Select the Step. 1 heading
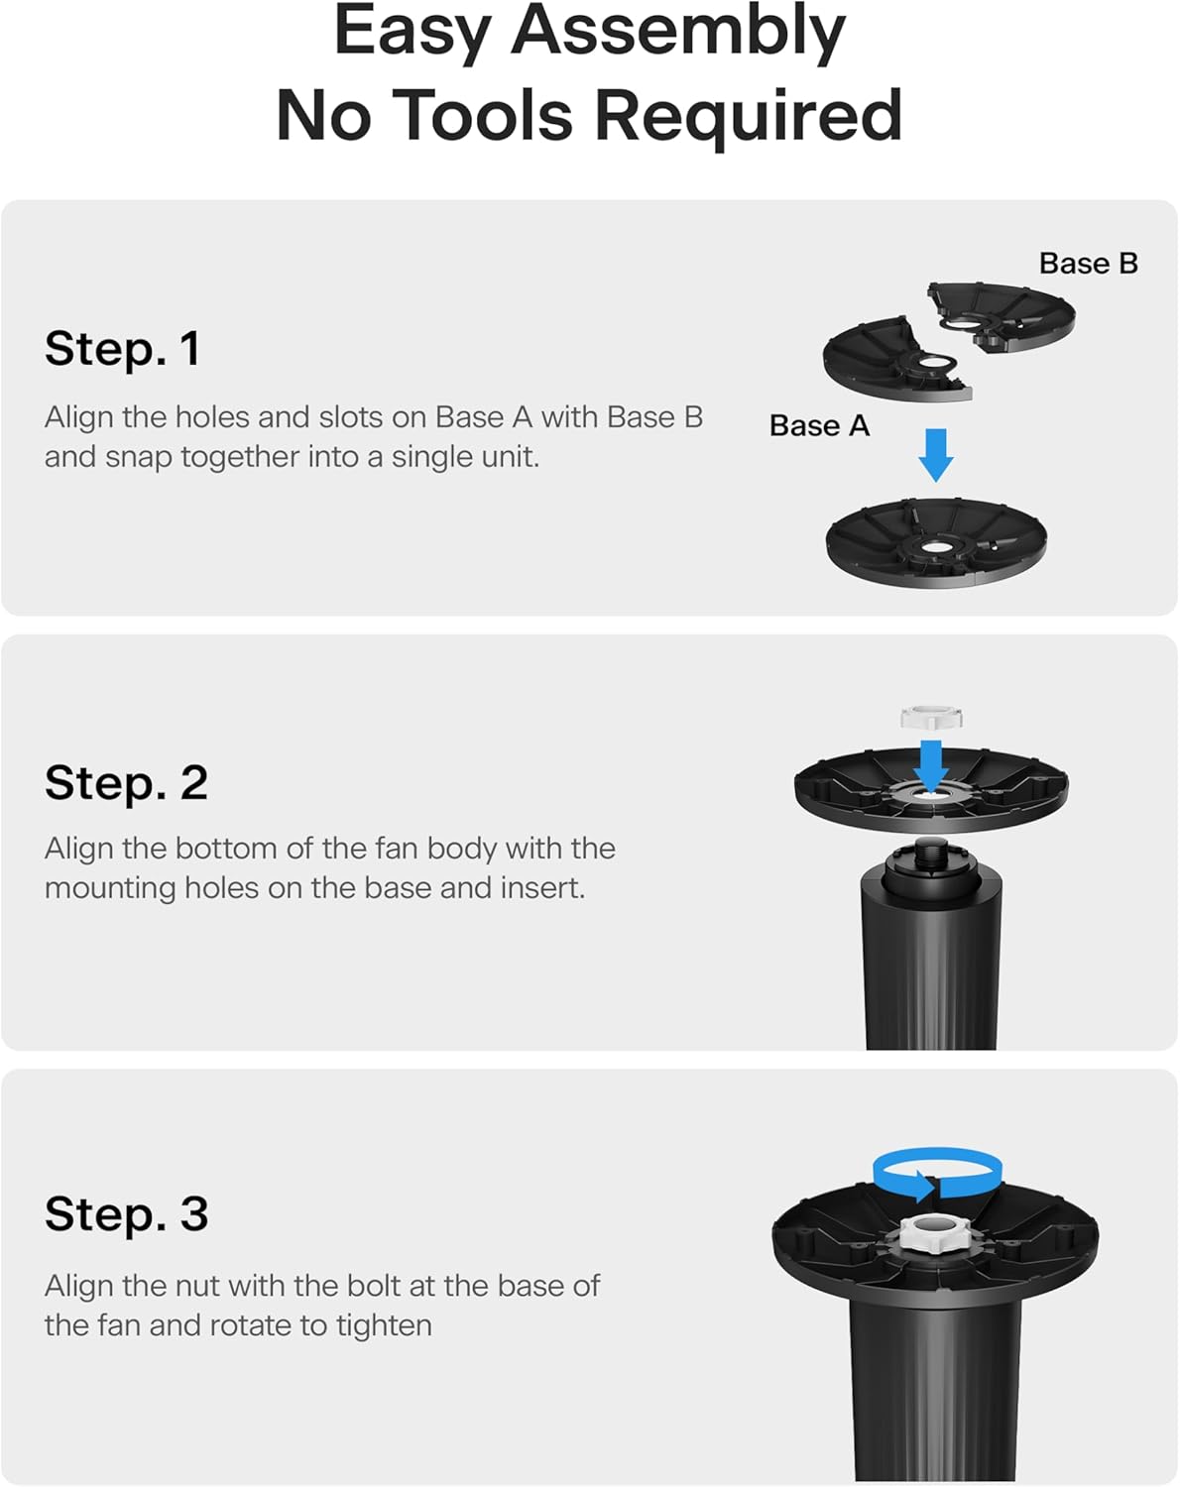pos(122,348)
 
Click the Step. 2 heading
pos(126,782)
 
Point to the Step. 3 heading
pos(126,1213)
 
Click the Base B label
pos(1089,264)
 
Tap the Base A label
pos(819,425)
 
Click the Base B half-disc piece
pos(1001,316)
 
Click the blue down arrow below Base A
pos(936,455)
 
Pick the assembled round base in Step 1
pos(936,543)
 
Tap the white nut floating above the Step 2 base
pos(931,718)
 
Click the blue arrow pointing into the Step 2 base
pos(931,766)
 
